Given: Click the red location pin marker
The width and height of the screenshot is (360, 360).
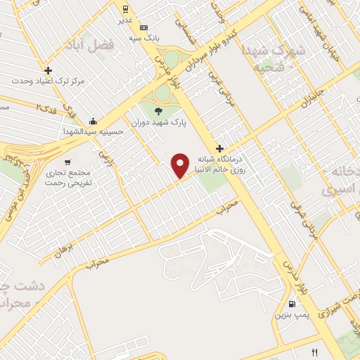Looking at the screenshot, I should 181,165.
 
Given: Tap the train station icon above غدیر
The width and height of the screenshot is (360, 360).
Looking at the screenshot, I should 124,10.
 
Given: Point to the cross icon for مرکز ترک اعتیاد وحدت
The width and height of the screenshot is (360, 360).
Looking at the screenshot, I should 48,70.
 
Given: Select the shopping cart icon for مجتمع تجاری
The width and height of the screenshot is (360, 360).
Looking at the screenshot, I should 68,160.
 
